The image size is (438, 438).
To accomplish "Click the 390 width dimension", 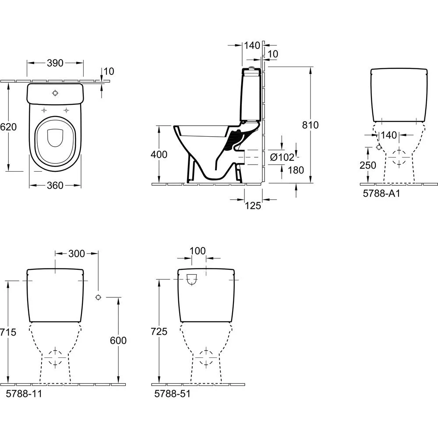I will click(x=55, y=63).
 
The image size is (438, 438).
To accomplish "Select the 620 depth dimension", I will click(x=8, y=127).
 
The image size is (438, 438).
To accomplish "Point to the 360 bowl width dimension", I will click(x=55, y=185).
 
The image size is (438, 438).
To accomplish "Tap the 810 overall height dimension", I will click(x=311, y=125).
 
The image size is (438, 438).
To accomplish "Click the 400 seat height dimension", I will click(x=158, y=154).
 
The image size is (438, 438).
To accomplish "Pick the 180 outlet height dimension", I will click(x=296, y=170).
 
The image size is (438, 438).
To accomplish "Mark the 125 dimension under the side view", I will click(x=254, y=205).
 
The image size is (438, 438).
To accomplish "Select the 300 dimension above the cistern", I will click(x=77, y=253).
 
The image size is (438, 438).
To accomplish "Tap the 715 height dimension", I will click(x=8, y=332).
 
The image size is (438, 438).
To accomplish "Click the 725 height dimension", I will click(x=159, y=332).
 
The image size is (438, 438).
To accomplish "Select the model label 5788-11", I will click(x=24, y=393).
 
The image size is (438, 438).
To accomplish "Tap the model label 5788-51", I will click(x=173, y=393).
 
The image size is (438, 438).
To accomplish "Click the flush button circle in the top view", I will click(x=55, y=93).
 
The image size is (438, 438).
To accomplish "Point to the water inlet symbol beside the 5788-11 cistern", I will click(x=98, y=297).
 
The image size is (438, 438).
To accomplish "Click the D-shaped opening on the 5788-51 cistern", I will click(x=192, y=279).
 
